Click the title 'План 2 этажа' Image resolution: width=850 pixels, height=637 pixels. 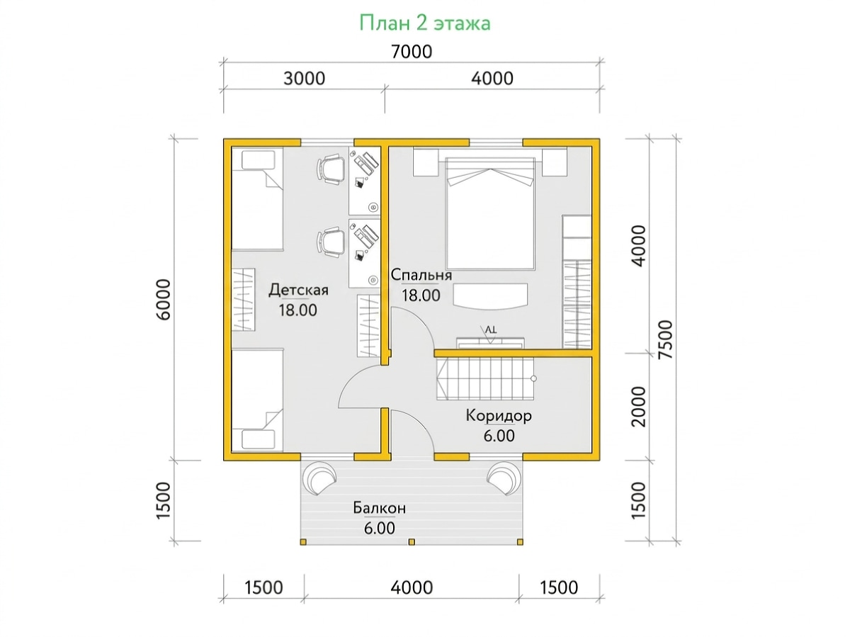click(425, 23)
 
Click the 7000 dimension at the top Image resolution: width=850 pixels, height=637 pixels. click(412, 52)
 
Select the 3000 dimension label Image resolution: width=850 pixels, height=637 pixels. click(304, 79)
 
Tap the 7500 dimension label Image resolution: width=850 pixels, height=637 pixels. click(666, 340)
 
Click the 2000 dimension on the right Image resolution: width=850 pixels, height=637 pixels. click(639, 407)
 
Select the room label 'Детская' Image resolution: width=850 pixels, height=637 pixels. click(298, 290)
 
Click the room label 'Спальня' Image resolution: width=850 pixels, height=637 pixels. click(421, 274)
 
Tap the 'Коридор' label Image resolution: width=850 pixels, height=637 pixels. click(499, 415)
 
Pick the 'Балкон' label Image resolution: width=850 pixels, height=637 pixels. click(379, 507)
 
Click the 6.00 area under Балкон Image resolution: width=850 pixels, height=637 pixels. click(379, 528)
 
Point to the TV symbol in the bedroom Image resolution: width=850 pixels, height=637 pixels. click(490, 334)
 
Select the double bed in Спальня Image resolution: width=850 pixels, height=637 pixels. click(490, 213)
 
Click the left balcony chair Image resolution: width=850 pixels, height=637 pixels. click(319, 478)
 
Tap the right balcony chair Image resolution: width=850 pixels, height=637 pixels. click(504, 478)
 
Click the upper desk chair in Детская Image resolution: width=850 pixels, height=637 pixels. click(331, 169)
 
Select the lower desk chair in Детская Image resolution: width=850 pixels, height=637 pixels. click(331, 242)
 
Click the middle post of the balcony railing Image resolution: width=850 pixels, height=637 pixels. click(412, 542)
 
